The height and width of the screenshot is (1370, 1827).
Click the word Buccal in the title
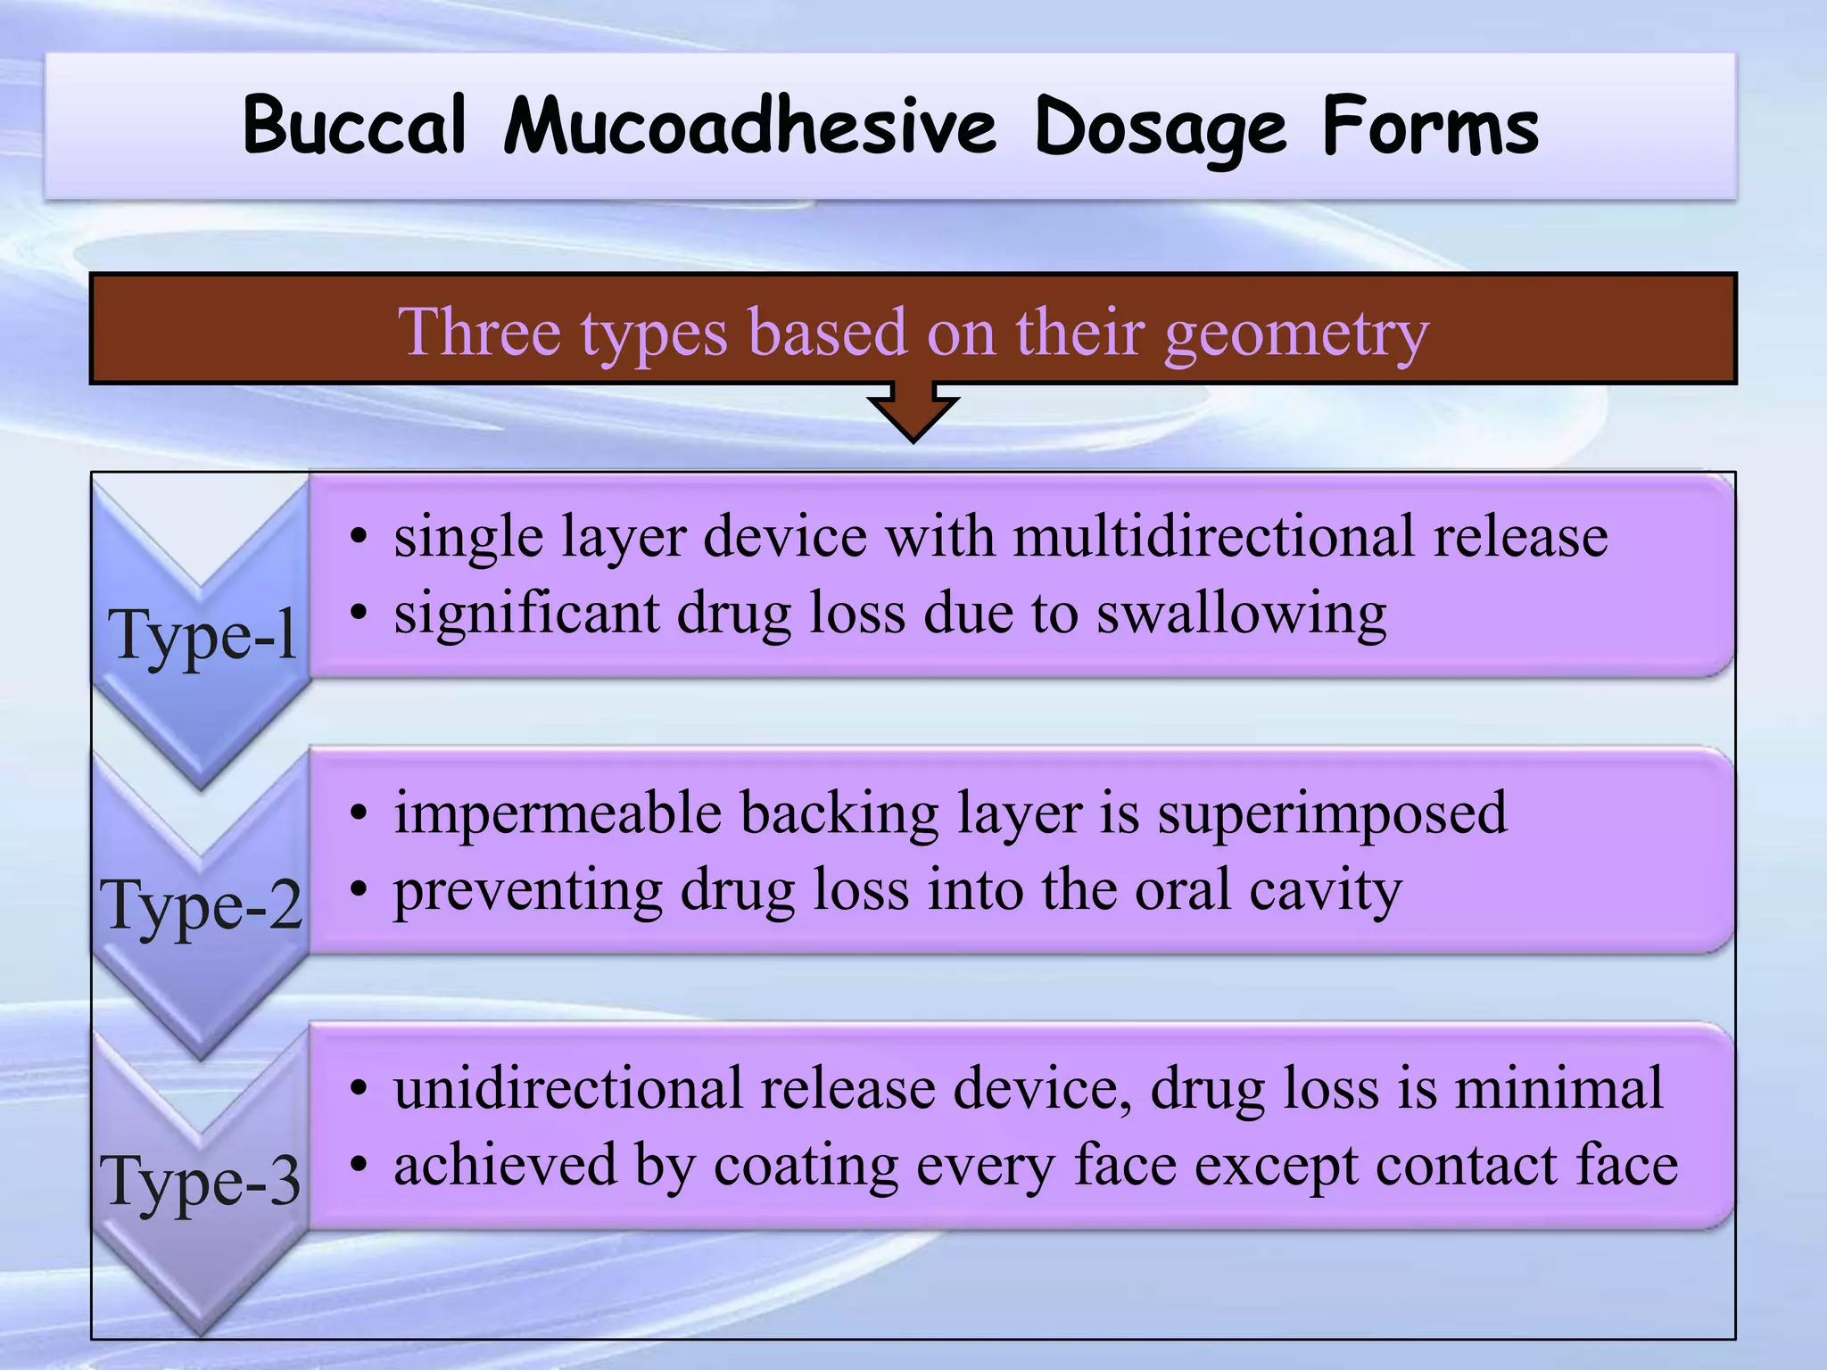(354, 126)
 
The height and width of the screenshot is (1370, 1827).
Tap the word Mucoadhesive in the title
(749, 126)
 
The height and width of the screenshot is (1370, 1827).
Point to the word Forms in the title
(1430, 126)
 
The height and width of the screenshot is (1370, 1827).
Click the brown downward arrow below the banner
(913, 410)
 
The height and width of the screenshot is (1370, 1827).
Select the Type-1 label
(203, 635)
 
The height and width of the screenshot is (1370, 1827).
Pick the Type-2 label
(202, 906)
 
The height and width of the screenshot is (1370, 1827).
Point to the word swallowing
(1241, 615)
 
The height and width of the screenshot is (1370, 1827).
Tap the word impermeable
(558, 813)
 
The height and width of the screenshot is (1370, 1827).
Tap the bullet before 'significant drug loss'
(359, 614)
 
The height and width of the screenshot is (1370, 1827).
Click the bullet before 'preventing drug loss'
(359, 889)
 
